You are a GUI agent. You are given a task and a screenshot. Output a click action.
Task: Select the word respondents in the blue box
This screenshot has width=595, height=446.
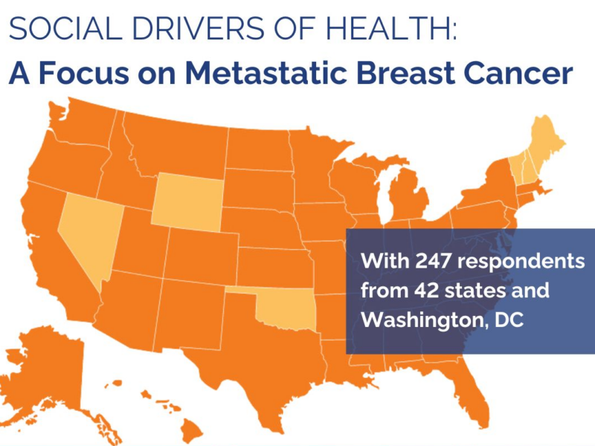pos(520,263)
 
